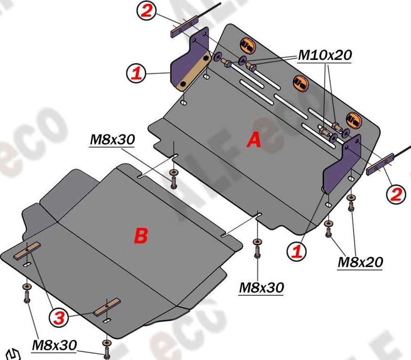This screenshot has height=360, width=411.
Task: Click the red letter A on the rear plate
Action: click(254, 140)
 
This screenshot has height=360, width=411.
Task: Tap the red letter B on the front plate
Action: click(141, 236)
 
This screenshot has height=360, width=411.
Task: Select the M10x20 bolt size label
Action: click(325, 55)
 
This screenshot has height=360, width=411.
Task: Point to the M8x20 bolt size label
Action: click(360, 262)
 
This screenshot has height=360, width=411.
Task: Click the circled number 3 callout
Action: click(59, 318)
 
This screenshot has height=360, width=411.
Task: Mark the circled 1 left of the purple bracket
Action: click(136, 73)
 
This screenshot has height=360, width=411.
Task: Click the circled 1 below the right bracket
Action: click(297, 251)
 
